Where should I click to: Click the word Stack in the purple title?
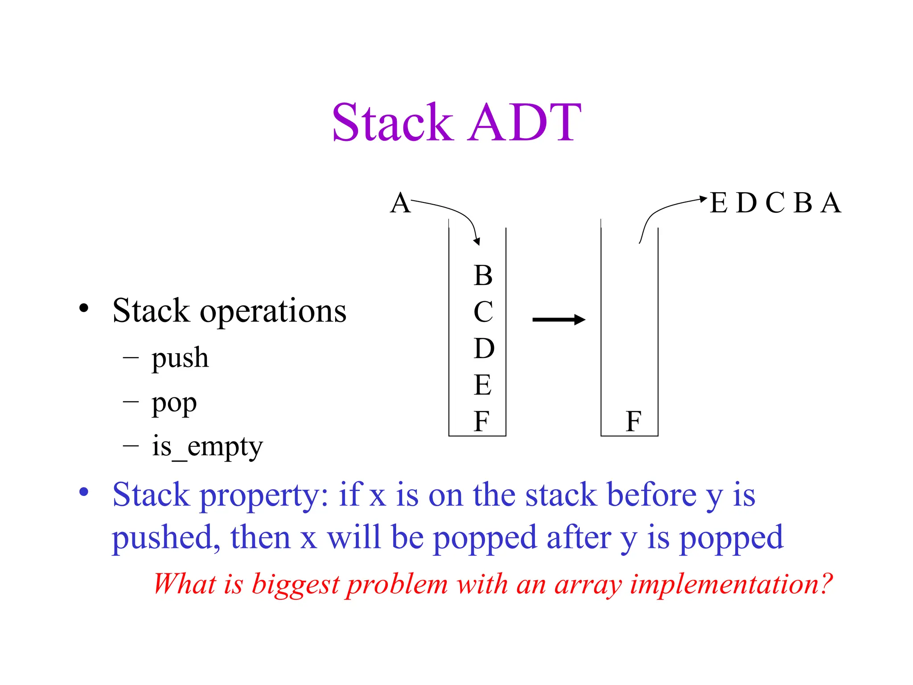(392, 122)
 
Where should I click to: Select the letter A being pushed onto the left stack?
(400, 203)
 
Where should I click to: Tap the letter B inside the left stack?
(483, 275)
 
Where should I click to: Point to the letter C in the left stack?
(483, 312)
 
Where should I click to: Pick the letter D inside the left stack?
(484, 348)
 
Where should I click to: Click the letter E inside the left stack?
(482, 385)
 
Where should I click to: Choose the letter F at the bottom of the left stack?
(481, 421)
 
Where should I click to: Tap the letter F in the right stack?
(633, 421)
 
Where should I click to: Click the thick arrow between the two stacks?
(558, 319)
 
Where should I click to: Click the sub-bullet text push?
(180, 358)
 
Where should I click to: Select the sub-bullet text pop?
(174, 404)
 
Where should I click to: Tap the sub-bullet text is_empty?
(207, 446)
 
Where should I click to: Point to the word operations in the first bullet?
(273, 311)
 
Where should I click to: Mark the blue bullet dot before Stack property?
(84, 492)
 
